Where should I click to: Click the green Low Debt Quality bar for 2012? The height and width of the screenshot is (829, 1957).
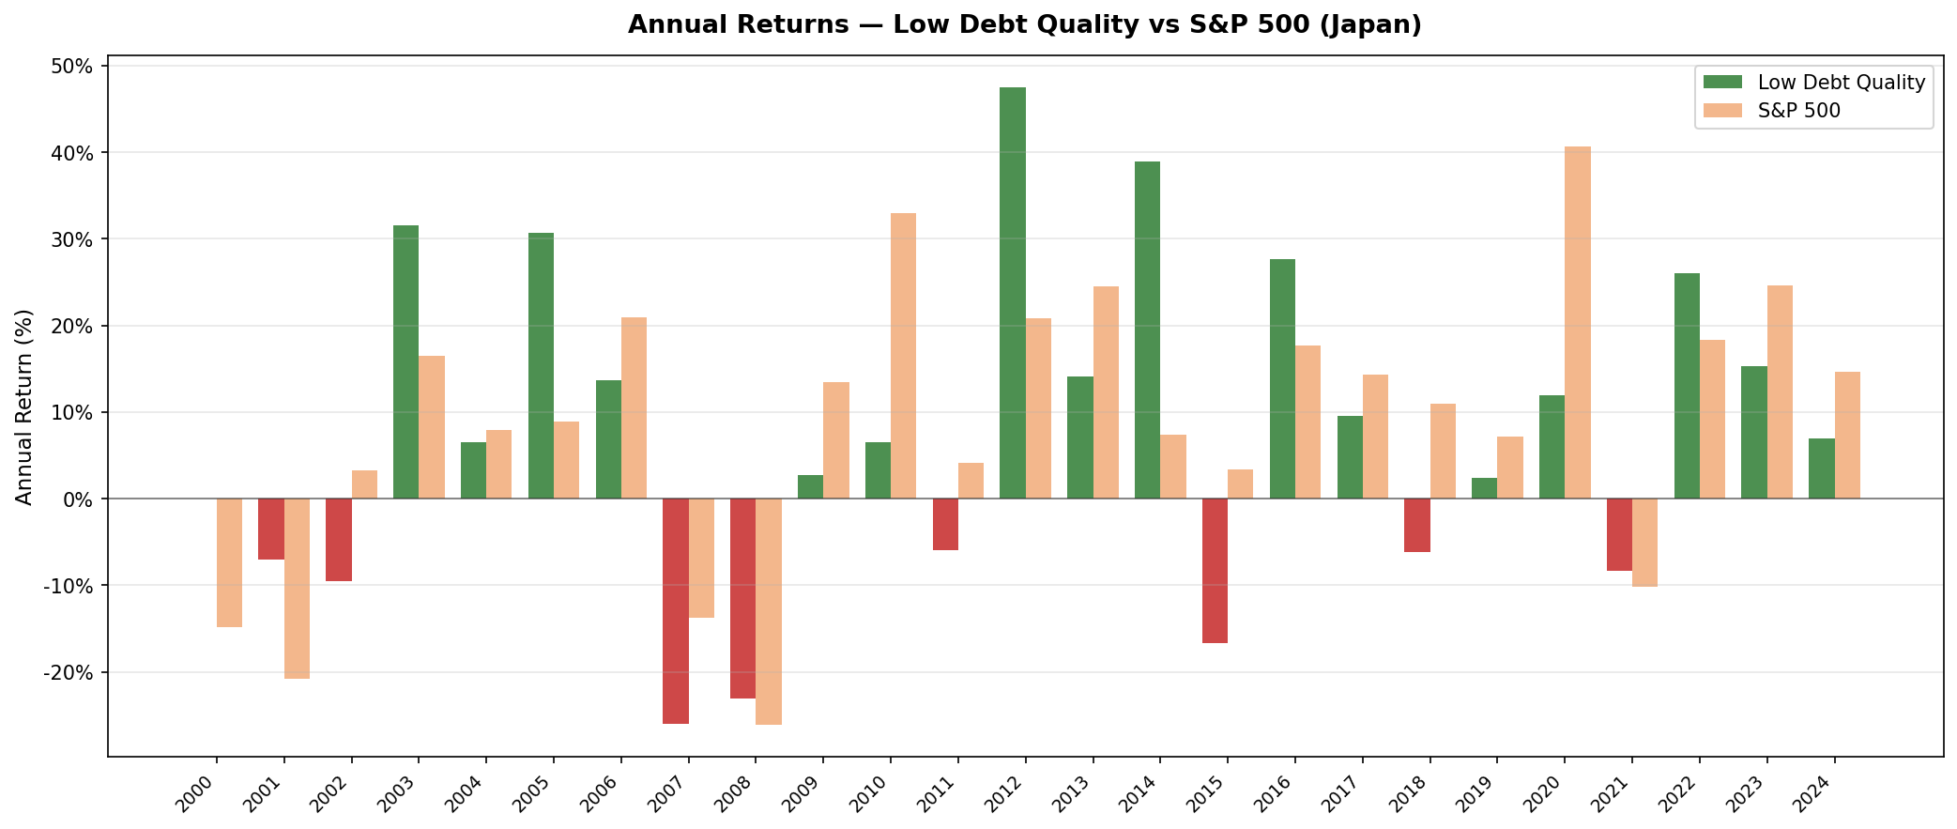pyautogui.click(x=1012, y=293)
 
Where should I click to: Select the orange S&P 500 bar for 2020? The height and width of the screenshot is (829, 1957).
pyautogui.click(x=1578, y=322)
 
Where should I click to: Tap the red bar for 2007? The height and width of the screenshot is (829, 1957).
pyautogui.click(x=676, y=610)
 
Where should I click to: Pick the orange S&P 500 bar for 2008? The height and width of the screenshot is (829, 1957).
pyautogui.click(x=769, y=611)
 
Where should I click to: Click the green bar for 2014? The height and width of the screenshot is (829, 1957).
pyautogui.click(x=1147, y=330)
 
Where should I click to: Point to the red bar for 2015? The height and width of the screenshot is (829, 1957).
pyautogui.click(x=1215, y=571)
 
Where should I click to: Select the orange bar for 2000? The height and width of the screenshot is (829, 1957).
pyautogui.click(x=229, y=562)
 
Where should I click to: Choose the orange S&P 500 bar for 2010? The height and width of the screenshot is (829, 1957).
pyautogui.click(x=903, y=356)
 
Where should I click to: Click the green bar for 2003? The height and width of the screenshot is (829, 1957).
pyautogui.click(x=405, y=361)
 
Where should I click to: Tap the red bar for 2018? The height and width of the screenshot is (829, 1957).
pyautogui.click(x=1417, y=525)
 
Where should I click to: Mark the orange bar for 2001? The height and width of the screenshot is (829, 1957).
pyautogui.click(x=297, y=589)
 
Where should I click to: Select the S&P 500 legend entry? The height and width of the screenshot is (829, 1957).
pyautogui.click(x=1798, y=111)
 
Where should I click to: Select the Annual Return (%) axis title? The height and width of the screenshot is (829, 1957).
pyautogui.click(x=24, y=407)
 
